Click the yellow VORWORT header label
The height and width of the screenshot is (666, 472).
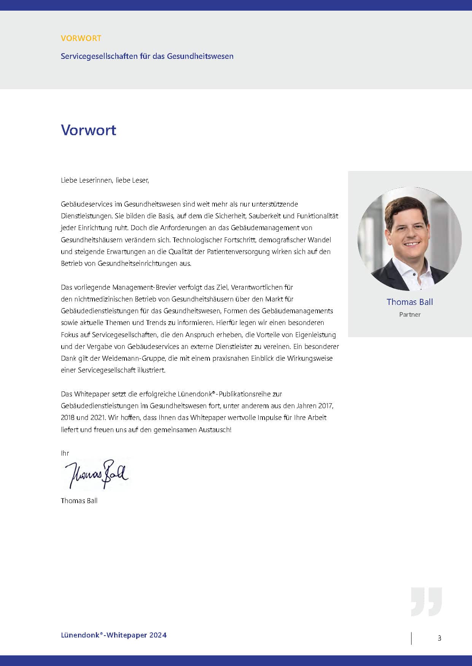81,38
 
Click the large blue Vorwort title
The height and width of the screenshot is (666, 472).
89,130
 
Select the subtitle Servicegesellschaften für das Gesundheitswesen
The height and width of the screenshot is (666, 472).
147,56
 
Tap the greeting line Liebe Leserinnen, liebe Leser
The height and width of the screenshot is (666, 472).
105,180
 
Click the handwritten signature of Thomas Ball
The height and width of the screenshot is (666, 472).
96,474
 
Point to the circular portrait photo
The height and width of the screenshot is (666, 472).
409,238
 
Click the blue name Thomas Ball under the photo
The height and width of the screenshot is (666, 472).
410,302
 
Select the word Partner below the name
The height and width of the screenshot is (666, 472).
410,314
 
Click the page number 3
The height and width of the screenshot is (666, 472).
439,638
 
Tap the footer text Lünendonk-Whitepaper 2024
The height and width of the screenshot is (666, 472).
113,635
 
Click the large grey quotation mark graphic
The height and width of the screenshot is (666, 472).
426,601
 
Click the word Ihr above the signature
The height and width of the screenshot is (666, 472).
65,453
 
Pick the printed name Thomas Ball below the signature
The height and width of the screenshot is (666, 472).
79,500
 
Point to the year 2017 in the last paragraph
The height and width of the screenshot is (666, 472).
326,406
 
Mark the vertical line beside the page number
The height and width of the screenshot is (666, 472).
411,638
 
